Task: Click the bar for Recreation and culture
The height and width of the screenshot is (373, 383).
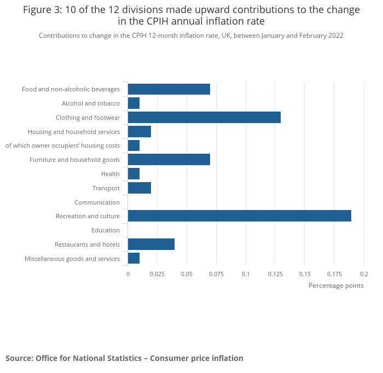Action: [x=239, y=216]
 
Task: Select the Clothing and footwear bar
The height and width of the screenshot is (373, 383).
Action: [x=204, y=117]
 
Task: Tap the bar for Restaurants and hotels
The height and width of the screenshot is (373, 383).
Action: [x=151, y=244]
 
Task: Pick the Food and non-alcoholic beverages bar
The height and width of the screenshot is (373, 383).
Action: [x=169, y=89]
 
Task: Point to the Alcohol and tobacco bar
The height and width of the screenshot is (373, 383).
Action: [x=134, y=103]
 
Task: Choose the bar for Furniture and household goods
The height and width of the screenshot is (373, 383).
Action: [x=169, y=160]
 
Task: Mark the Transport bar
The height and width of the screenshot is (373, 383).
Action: [x=139, y=188]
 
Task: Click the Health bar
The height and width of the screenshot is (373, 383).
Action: [x=134, y=174]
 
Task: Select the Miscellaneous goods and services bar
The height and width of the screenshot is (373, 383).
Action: [x=134, y=258]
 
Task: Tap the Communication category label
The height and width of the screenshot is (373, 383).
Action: [x=97, y=202]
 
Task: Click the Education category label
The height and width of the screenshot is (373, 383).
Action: [x=106, y=230]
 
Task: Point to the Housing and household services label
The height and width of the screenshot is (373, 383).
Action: [x=74, y=132]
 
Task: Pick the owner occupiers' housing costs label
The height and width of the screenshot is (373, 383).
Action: [x=62, y=145]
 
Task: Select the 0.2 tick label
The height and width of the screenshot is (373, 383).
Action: [x=364, y=273]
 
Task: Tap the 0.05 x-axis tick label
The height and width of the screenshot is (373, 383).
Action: [x=187, y=273]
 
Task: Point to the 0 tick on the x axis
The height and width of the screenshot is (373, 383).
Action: [x=128, y=273]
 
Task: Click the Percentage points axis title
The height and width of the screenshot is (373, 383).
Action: [x=336, y=285]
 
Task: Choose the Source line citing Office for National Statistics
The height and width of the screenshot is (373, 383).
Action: [x=124, y=358]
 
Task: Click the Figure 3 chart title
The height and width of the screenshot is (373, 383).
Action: [x=191, y=15]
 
